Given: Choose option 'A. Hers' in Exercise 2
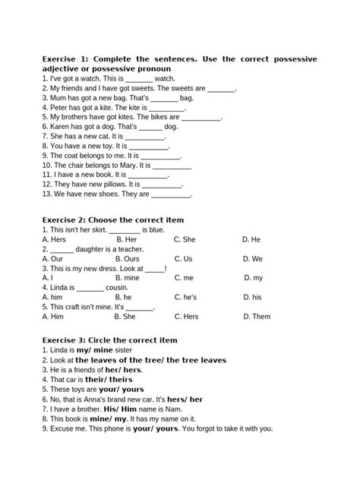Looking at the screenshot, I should click(55, 239).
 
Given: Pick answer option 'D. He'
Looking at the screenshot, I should click(251, 239).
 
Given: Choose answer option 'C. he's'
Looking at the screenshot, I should click(186, 298).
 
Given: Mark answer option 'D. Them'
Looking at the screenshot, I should click(256, 317).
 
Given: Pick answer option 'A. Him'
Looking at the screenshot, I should click(53, 317).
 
